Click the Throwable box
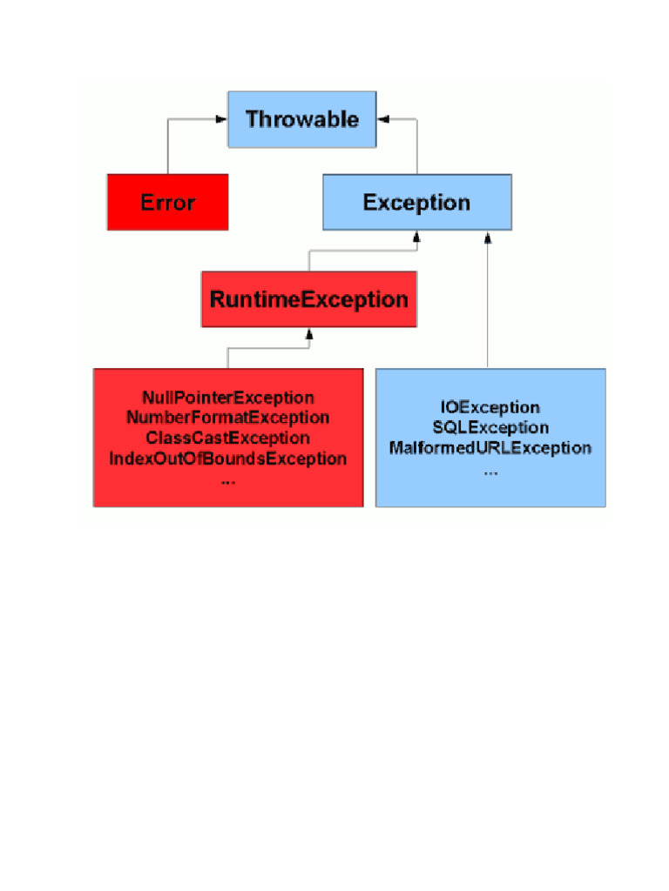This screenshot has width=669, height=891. click(301, 119)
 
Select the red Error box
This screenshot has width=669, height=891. click(167, 202)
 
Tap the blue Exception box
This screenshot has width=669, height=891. click(416, 202)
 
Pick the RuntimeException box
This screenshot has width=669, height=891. click(308, 299)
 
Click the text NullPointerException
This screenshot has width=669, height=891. click(227, 398)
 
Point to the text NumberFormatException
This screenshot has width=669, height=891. click(227, 418)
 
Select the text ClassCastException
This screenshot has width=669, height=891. click(227, 438)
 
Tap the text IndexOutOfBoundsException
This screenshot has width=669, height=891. click(227, 459)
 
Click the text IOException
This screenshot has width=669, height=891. click(490, 407)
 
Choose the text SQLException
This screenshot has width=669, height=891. click(490, 427)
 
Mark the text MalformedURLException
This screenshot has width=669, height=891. click(490, 448)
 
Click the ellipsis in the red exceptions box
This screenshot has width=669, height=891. click(228, 479)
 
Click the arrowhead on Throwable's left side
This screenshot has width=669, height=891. click(222, 119)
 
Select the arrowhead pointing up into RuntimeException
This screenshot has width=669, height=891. click(308, 332)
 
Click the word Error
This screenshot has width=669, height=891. click(167, 203)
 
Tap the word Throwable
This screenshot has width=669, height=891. click(301, 119)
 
